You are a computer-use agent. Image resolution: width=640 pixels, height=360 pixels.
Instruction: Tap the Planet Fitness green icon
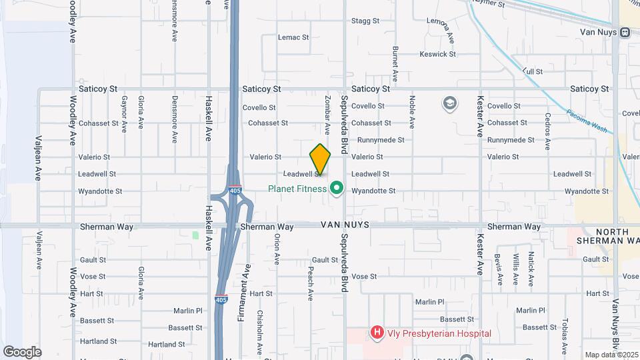click(337, 189)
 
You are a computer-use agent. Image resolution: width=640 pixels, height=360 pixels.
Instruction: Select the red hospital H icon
click(377, 332)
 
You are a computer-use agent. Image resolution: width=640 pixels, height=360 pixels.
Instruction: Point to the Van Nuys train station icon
click(625, 32)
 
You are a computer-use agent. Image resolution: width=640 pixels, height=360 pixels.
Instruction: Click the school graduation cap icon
click(450, 103)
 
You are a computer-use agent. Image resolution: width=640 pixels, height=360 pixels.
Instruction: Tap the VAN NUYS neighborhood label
click(345, 227)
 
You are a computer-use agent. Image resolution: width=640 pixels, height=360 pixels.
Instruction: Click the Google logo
click(22, 351)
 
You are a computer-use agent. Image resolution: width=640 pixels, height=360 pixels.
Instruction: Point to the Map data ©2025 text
click(611, 355)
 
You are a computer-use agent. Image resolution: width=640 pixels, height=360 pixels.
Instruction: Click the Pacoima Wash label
click(586, 121)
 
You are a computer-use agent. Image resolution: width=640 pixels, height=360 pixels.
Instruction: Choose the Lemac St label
click(294, 38)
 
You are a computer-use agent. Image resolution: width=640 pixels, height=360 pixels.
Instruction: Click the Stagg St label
click(365, 21)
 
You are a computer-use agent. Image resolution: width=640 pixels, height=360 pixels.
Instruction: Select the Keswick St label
click(437, 54)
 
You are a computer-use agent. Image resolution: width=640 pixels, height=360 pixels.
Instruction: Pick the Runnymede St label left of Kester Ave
click(381, 141)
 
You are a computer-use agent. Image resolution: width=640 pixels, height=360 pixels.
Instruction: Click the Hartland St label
click(166, 345)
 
